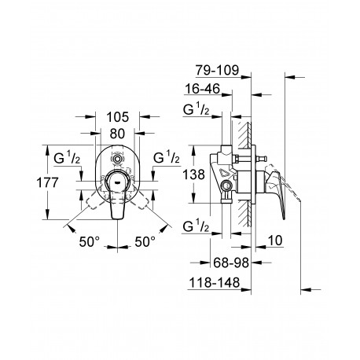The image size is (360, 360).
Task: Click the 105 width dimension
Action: click(x=118, y=117)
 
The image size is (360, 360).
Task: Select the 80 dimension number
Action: click(x=117, y=134)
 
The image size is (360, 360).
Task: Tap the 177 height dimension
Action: click(x=47, y=182)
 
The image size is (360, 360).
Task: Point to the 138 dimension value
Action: click(x=193, y=174)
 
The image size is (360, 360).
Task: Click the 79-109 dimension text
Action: click(x=218, y=70)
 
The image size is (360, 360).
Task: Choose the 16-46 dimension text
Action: click(x=203, y=89)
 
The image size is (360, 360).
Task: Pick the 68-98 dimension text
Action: click(x=231, y=263)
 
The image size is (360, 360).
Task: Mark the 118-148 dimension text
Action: click(x=215, y=282)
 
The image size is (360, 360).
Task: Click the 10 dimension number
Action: click(x=275, y=241)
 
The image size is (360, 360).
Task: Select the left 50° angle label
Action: click(x=90, y=241)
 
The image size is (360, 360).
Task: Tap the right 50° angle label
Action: click(x=145, y=241)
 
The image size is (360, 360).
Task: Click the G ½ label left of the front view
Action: click(x=67, y=158)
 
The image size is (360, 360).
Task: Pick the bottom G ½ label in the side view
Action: click(x=197, y=226)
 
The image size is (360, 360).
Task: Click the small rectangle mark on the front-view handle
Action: click(x=117, y=181)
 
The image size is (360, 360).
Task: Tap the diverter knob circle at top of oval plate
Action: click(x=117, y=159)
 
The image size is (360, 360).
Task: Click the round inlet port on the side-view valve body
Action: click(x=226, y=186)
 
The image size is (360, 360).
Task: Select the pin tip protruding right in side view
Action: click(x=263, y=158)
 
